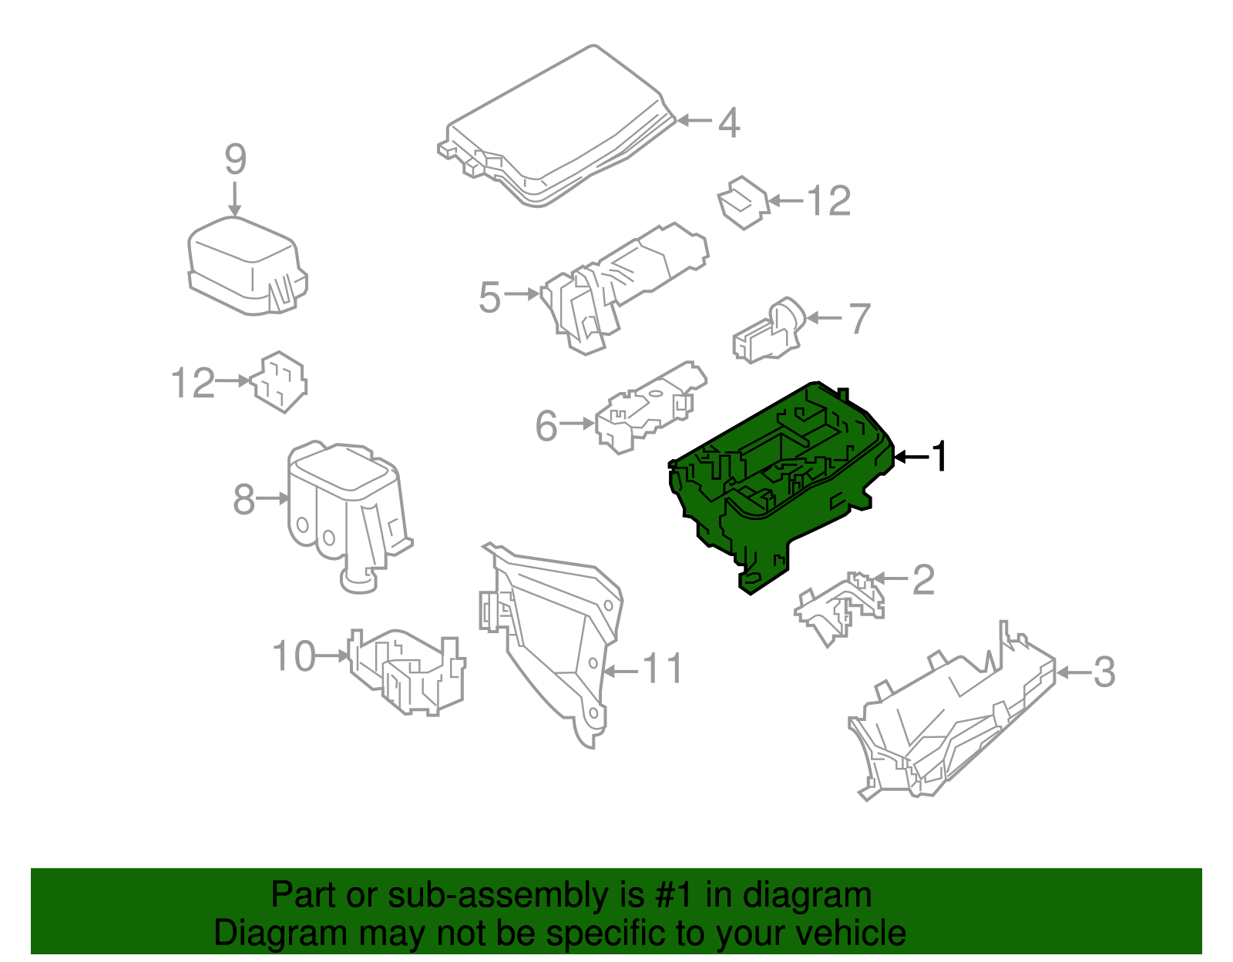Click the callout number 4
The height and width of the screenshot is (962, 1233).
click(729, 123)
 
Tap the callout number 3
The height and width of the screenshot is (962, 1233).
click(1104, 673)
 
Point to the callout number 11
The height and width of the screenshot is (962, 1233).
click(662, 669)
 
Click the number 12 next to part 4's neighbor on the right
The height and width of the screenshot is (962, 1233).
click(829, 201)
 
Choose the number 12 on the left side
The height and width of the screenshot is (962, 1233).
click(193, 383)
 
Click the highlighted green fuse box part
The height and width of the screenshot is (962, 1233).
click(781, 486)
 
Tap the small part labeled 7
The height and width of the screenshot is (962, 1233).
click(769, 330)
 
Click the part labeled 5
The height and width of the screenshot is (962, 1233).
click(624, 287)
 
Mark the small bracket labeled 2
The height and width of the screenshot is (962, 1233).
click(840, 608)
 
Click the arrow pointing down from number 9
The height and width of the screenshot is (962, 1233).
click(234, 199)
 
